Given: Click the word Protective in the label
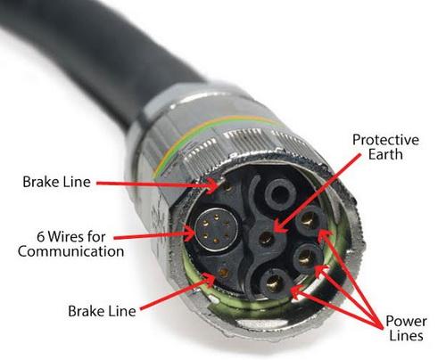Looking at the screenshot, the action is [385, 140].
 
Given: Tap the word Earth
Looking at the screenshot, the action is [385, 154].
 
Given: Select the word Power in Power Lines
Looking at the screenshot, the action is [406, 322].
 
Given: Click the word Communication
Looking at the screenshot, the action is [71, 251].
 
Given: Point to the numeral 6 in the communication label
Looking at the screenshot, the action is [41, 237].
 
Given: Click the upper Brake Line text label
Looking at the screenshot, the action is [56, 182].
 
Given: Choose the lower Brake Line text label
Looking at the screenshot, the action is [102, 311].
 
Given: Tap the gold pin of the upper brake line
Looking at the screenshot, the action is [227, 187].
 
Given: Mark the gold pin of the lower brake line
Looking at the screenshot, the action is [223, 273].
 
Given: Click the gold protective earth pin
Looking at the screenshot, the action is [266, 239].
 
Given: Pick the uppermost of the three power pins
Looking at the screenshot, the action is [307, 221].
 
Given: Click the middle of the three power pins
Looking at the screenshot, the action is [306, 258].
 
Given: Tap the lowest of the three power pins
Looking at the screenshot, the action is [274, 283].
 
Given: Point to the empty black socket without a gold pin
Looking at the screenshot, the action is [279, 194].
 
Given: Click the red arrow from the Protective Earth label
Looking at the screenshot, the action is [318, 194].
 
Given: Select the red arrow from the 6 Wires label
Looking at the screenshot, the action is [154, 235].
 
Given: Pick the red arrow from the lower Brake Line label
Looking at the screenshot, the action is [178, 292].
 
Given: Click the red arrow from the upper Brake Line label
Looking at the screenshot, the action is [159, 184].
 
